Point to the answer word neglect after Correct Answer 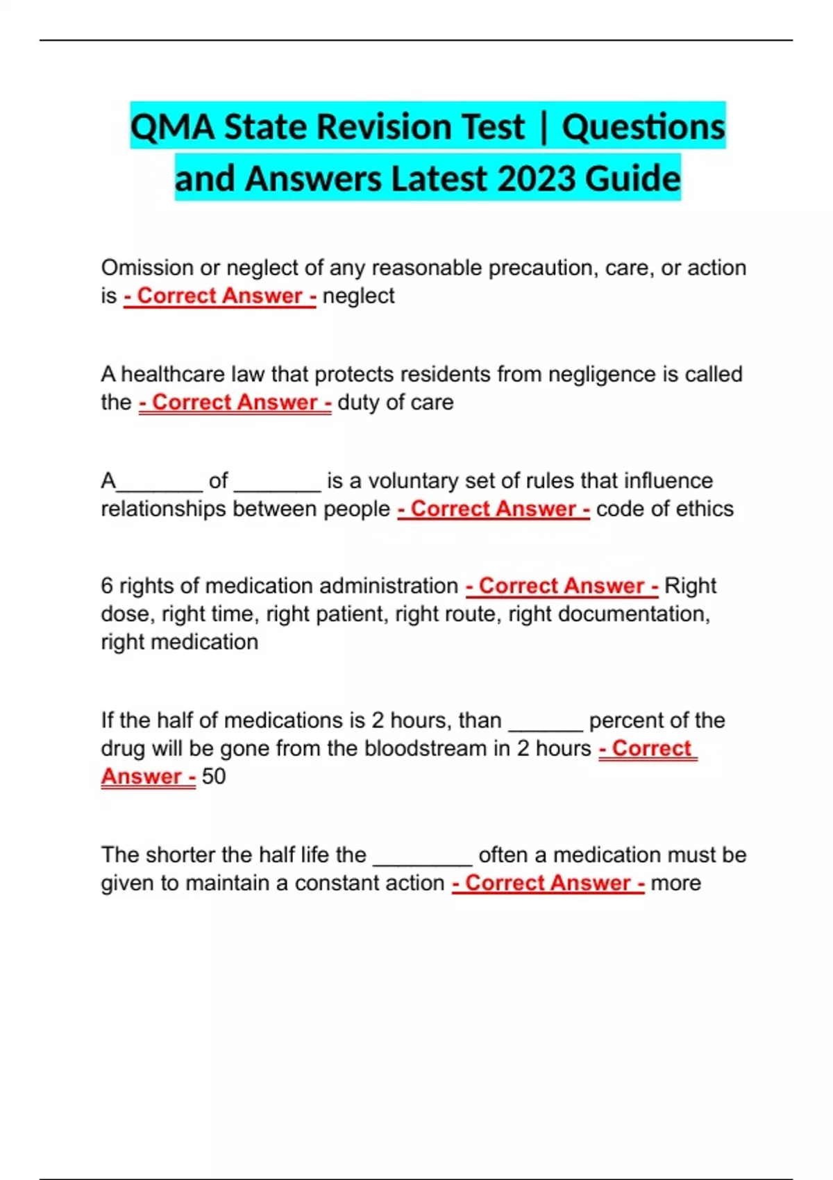click(358, 296)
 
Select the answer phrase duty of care click(395, 403)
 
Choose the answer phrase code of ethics click(664, 509)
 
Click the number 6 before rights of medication click(107, 586)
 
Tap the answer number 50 click(214, 777)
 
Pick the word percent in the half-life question click(624, 720)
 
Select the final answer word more click(675, 884)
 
